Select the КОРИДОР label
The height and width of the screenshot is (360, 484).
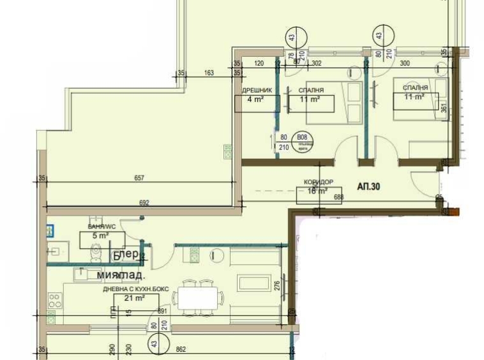tap(319, 182)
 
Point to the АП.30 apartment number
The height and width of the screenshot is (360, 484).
tap(369, 187)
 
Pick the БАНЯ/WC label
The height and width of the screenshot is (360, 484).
tap(102, 226)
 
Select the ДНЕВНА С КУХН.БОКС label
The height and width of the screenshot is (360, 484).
tap(137, 289)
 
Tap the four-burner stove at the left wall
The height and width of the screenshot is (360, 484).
tap(55, 301)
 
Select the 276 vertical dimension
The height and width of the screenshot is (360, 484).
tap(276, 286)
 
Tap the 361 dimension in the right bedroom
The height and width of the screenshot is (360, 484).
tap(444, 108)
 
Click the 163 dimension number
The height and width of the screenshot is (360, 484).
tap(209, 73)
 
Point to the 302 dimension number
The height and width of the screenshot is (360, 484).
tap(315, 63)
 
